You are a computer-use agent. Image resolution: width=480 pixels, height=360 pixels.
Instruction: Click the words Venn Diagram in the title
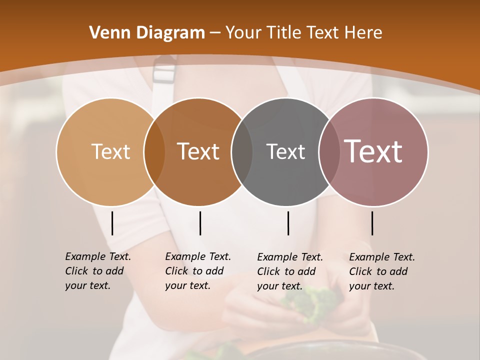[147, 33]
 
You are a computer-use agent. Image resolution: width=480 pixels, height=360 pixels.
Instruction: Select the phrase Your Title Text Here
[303, 33]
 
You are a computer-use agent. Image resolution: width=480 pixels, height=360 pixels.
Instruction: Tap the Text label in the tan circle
[110, 151]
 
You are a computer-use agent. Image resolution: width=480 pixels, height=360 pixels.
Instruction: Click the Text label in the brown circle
[198, 151]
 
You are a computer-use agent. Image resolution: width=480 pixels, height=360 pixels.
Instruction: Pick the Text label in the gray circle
[285, 151]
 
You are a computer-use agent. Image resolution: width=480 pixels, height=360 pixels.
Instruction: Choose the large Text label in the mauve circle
[373, 151]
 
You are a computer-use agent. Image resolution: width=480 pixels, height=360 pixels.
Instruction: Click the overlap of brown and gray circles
[241, 152]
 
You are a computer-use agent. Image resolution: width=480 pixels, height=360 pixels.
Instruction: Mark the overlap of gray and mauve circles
[329, 152]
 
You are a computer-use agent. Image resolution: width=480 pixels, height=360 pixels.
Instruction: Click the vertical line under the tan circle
[112, 223]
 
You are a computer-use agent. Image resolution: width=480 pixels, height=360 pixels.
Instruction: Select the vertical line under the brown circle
[200, 223]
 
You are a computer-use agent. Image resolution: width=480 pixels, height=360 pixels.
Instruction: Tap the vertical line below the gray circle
[288, 223]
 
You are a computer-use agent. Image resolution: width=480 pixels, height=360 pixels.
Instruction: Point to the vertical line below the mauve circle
[372, 223]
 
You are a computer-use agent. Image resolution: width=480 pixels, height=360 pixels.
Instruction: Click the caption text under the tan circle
[97, 271]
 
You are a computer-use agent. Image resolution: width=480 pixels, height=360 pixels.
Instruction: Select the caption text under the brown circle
[197, 271]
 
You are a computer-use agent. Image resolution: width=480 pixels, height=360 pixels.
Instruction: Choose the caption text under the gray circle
[289, 271]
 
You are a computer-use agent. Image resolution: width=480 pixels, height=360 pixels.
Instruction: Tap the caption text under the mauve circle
[381, 271]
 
